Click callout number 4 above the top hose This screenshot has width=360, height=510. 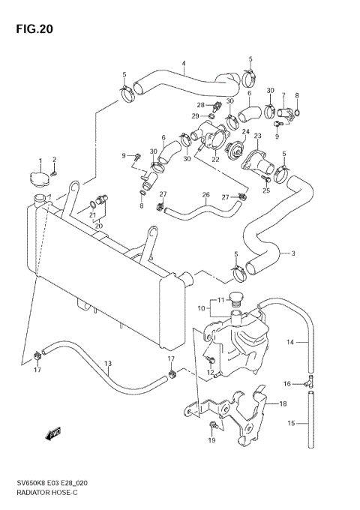point(183,62)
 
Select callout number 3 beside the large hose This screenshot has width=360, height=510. point(293,253)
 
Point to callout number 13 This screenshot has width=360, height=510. point(108,364)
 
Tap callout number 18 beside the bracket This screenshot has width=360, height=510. point(283,404)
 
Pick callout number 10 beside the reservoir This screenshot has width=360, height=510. point(202,307)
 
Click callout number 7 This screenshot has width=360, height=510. point(283,95)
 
